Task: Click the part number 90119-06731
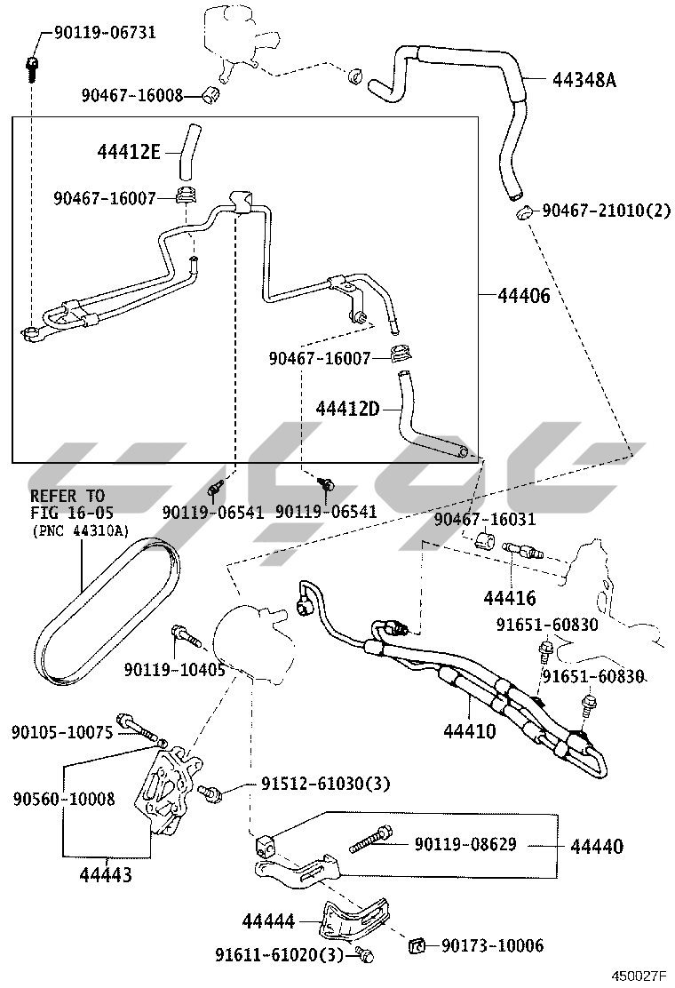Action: [105, 33]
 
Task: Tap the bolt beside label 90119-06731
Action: [32, 64]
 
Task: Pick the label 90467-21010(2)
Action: [606, 211]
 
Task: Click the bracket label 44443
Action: [107, 875]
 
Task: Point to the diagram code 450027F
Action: [638, 976]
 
